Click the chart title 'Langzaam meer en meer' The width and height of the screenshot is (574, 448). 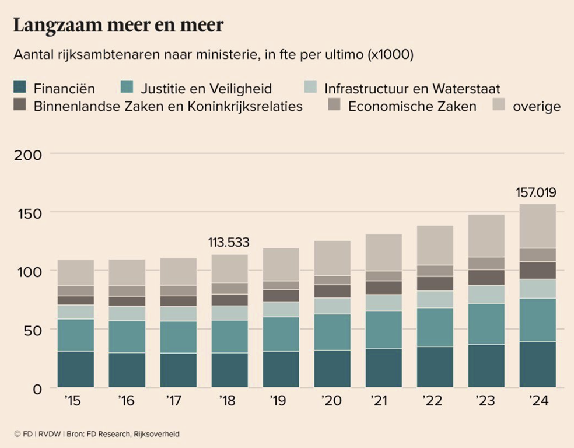pyautogui.click(x=118, y=26)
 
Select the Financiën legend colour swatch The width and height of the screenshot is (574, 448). pyautogui.click(x=20, y=88)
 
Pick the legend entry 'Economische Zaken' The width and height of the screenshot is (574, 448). pyautogui.click(x=412, y=106)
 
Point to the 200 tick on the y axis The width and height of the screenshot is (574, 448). pyautogui.click(x=29, y=155)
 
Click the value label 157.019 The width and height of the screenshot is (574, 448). pyautogui.click(x=535, y=192)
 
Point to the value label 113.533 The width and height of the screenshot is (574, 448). pyautogui.click(x=228, y=242)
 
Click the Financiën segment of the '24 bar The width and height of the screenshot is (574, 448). pyautogui.click(x=537, y=364)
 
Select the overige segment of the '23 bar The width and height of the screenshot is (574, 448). pyautogui.click(x=486, y=236)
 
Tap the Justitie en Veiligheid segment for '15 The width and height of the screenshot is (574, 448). pyautogui.click(x=76, y=335)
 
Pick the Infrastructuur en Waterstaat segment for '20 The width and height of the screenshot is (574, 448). pyautogui.click(x=332, y=306)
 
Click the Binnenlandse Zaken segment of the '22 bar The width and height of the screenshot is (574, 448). pyautogui.click(x=435, y=283)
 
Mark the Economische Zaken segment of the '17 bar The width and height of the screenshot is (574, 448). pyautogui.click(x=178, y=290)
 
